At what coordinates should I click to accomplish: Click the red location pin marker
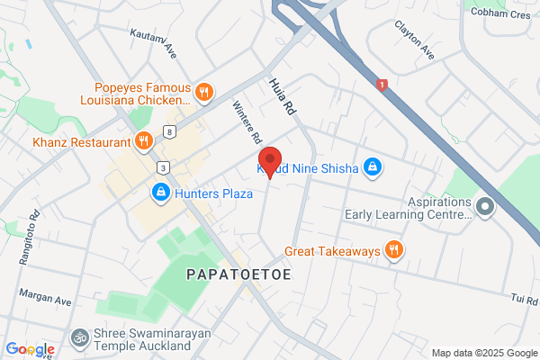click(x=270, y=165)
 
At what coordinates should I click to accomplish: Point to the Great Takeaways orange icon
click(x=393, y=251)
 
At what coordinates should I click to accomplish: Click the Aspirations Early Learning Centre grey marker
click(x=485, y=209)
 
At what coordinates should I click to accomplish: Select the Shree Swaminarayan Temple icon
click(x=79, y=338)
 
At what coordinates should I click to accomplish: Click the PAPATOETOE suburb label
click(x=239, y=274)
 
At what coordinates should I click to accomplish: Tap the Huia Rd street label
click(x=282, y=96)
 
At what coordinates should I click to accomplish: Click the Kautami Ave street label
click(x=152, y=40)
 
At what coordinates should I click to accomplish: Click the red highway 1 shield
click(x=383, y=85)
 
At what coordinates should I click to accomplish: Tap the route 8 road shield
click(x=169, y=132)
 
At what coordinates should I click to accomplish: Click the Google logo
click(x=31, y=348)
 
